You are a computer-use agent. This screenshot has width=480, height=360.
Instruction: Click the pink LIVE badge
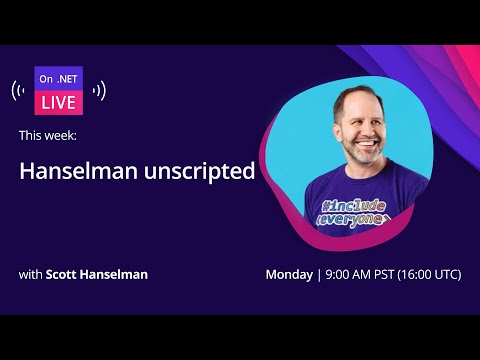coord(59,103)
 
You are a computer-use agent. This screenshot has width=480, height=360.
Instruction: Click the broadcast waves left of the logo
coord(20,91)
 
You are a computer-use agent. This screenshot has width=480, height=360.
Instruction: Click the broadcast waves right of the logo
coord(98,91)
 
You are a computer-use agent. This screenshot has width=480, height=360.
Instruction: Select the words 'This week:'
coord(46,134)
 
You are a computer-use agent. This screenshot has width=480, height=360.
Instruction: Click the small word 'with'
coord(30,274)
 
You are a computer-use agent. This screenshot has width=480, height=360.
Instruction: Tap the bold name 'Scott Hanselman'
coord(97,274)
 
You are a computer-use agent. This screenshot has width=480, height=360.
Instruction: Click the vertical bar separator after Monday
coord(319,274)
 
